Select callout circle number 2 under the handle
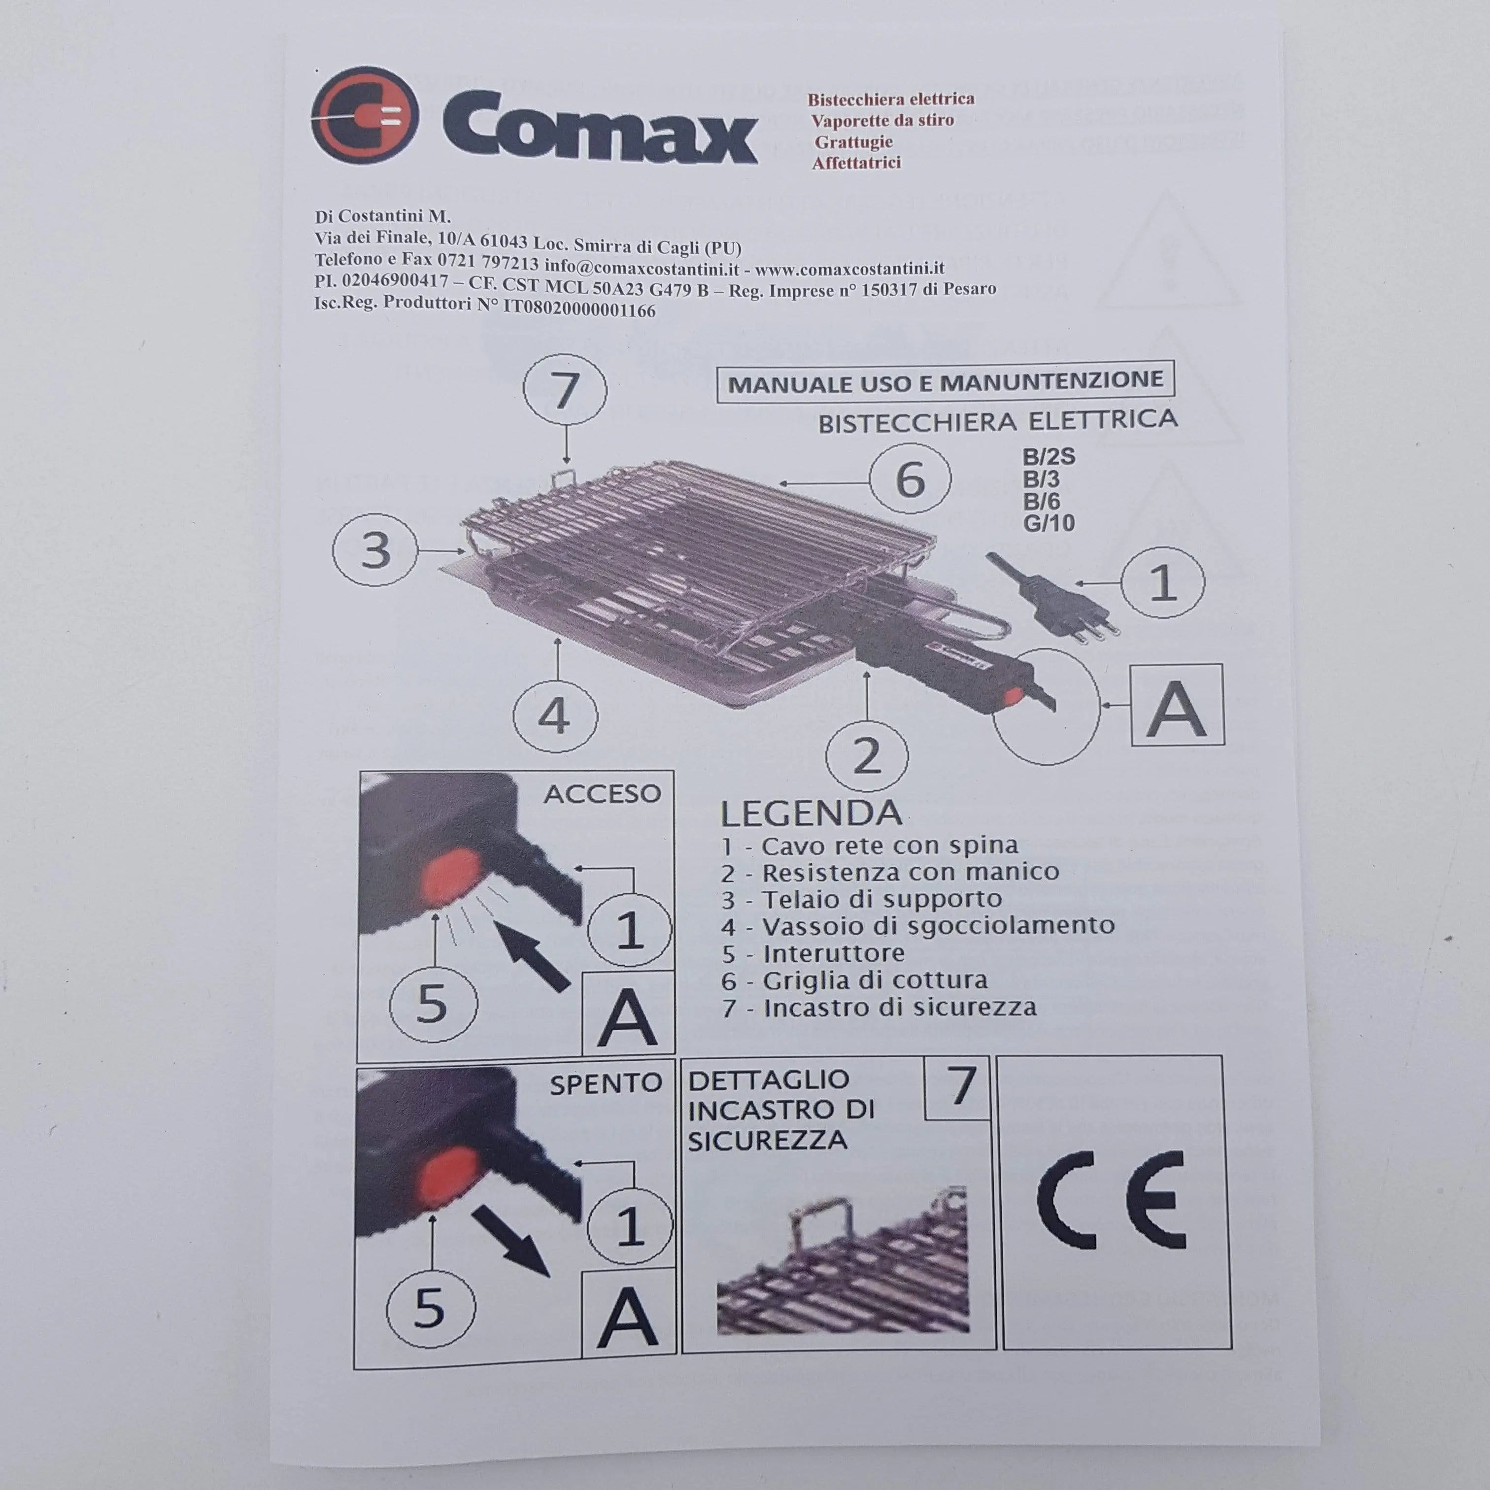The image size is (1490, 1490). click(x=866, y=755)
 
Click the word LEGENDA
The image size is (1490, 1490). click(x=811, y=813)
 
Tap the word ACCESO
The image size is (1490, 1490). click(x=602, y=794)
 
